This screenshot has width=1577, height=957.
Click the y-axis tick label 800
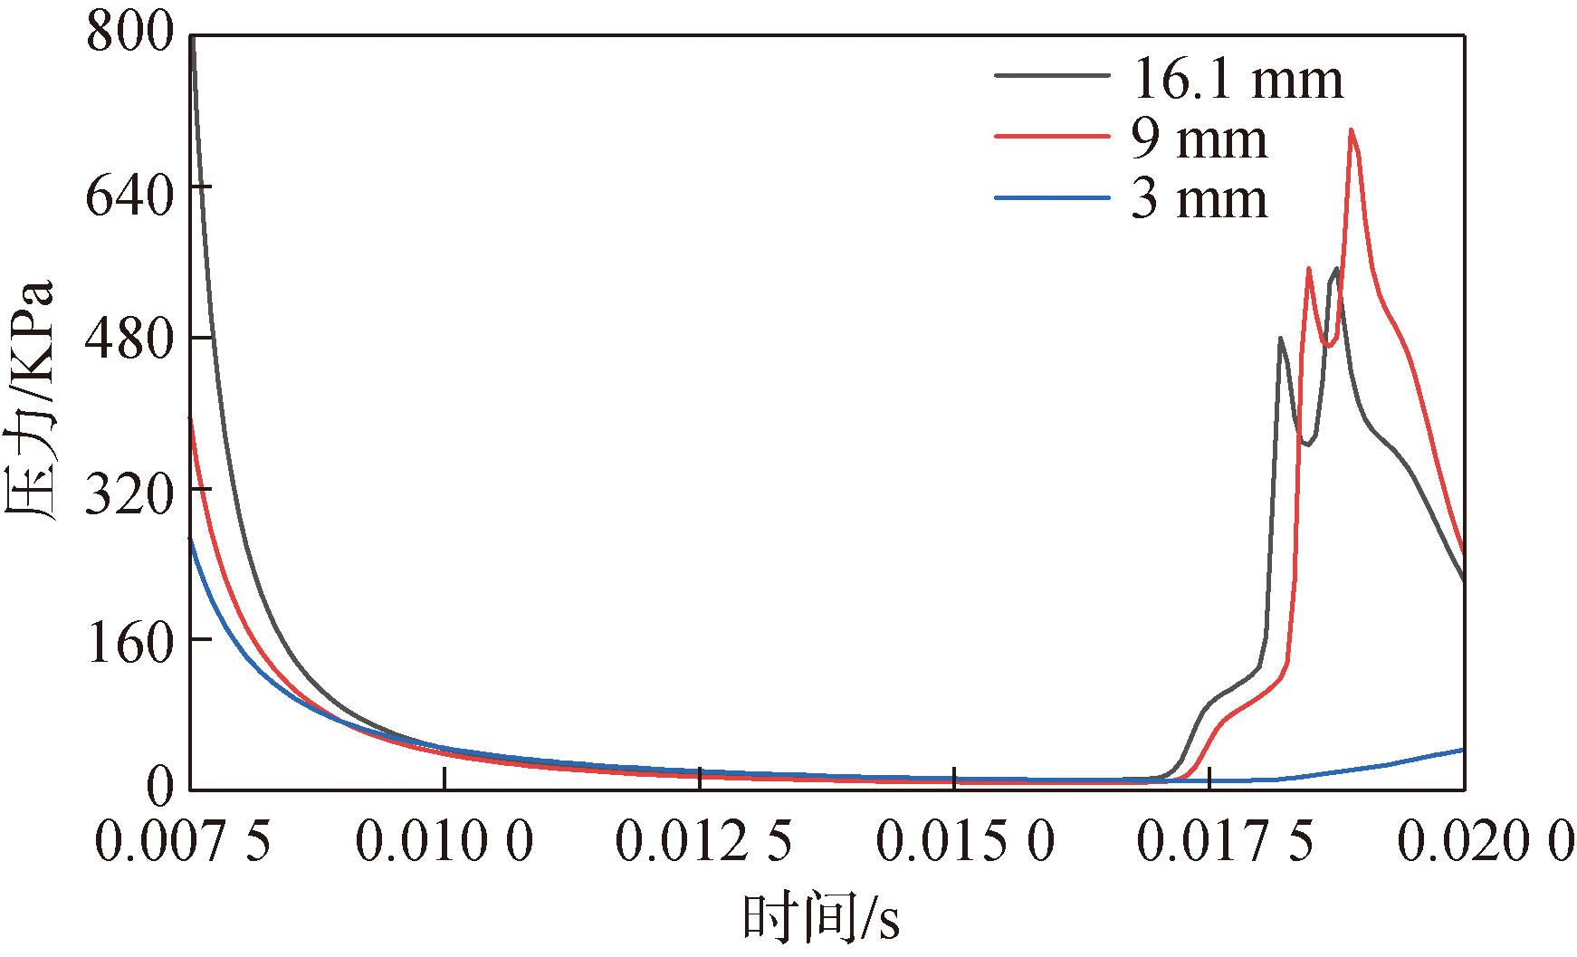coord(129,33)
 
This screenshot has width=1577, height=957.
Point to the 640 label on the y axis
coord(129,196)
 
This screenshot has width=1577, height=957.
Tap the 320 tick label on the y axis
coord(129,494)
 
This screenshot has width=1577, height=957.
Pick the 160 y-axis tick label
coord(129,644)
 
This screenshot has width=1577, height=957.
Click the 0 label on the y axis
coord(159,787)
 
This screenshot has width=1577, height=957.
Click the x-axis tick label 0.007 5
coord(183,841)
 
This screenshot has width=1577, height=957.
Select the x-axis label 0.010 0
coord(444,841)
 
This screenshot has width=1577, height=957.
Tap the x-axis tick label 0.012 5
coord(703,841)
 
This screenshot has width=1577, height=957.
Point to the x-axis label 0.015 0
coord(965,841)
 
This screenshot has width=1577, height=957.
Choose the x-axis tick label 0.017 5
coord(1225,841)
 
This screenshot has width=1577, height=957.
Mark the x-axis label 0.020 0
coord(1486,841)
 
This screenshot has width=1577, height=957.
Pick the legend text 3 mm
coord(1199,199)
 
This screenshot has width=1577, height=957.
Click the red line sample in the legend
coord(1052,136)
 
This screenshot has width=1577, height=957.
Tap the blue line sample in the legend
coord(1052,197)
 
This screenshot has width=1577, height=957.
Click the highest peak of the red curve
coord(1351,130)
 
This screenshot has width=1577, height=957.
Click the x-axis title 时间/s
coord(821,918)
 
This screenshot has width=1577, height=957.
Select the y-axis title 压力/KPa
coord(31,398)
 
